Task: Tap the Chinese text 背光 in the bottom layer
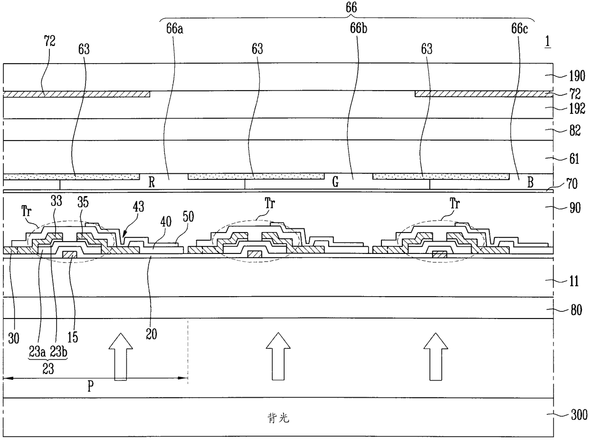coord(278,418)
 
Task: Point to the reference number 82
coord(575,131)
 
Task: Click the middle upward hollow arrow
coord(278,356)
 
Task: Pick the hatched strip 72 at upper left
coord(76,94)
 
